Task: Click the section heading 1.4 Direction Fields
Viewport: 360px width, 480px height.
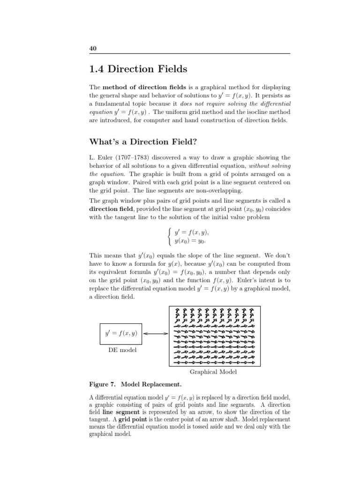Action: point(138,69)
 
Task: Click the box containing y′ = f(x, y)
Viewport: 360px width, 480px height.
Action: point(121,333)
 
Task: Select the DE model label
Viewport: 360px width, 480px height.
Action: point(122,350)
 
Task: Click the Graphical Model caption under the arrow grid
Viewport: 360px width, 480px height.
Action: point(213,372)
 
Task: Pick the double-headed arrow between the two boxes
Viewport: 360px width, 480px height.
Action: point(155,334)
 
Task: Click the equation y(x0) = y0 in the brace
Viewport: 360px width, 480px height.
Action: point(190,241)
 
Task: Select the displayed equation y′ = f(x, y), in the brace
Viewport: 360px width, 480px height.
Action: point(191,232)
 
